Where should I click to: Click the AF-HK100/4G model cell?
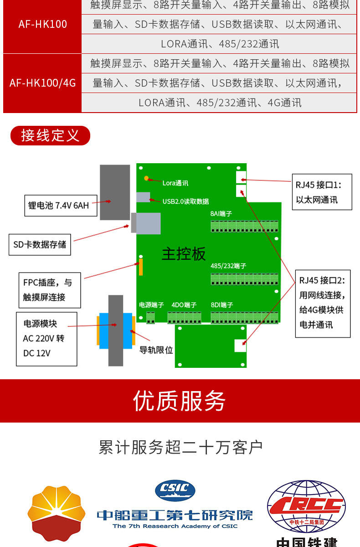[42, 83]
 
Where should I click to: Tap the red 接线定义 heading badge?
[50, 135]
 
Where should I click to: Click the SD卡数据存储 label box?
[40, 245]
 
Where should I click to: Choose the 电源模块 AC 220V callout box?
[46, 339]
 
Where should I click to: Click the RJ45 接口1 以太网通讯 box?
[322, 192]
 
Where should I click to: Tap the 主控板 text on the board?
[184, 254]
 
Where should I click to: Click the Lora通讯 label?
[175, 183]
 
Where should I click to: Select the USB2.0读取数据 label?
[185, 201]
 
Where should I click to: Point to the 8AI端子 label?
[221, 214]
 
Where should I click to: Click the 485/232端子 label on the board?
[228, 266]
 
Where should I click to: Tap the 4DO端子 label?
[184, 305]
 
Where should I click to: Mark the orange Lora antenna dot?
[146, 178]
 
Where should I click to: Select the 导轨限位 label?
[156, 350]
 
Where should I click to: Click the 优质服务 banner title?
[180, 401]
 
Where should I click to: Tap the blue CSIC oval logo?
[175, 490]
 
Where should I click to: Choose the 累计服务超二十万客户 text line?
[180, 448]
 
